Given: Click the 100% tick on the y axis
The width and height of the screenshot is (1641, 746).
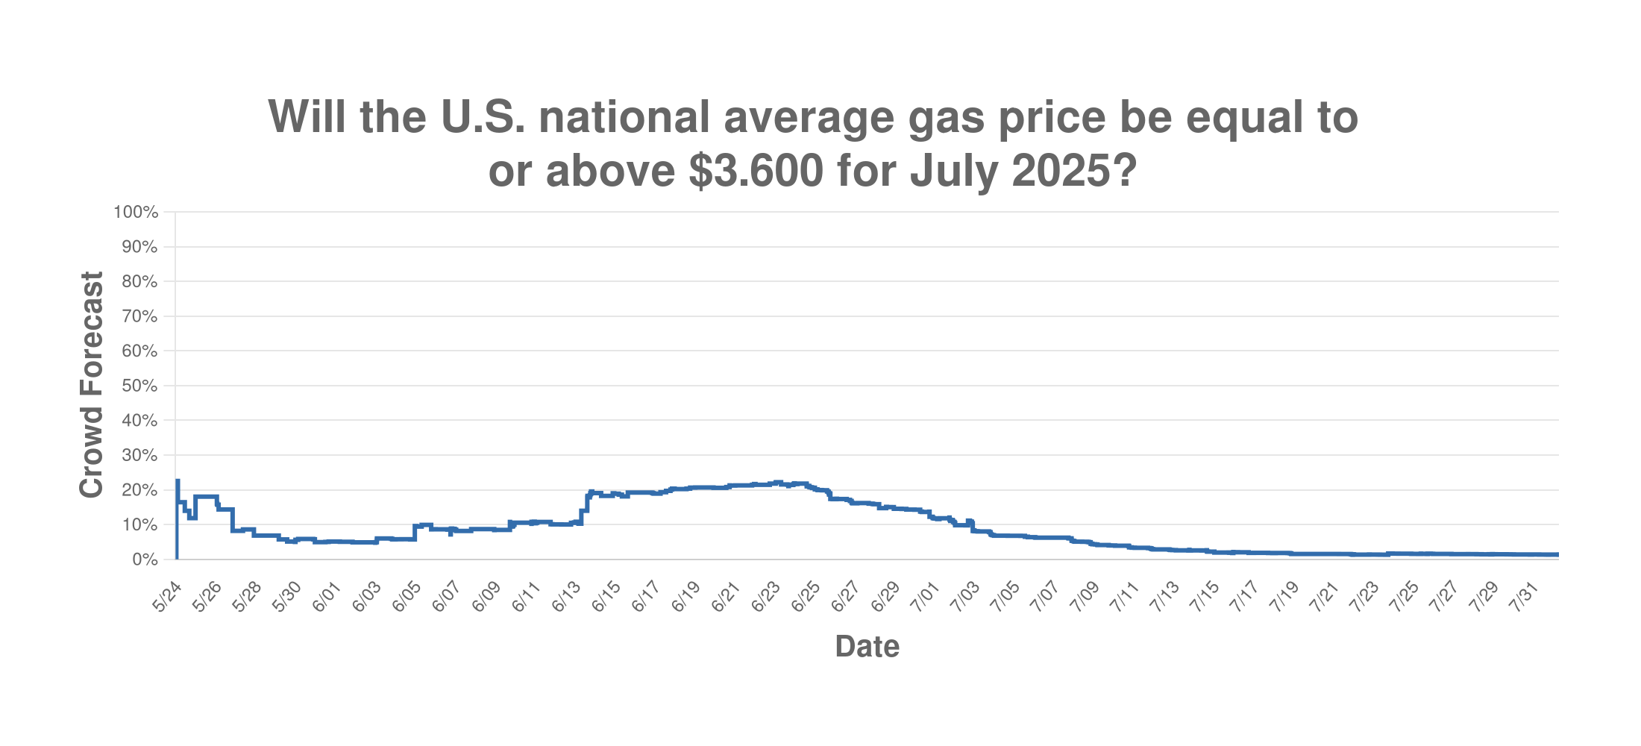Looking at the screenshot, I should [x=136, y=213].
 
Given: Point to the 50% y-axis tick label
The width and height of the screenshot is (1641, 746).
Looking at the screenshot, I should [x=139, y=386].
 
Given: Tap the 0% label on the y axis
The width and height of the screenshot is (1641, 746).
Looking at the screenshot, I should [x=145, y=560].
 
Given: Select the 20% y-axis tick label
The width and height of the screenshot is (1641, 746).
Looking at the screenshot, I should [x=139, y=491].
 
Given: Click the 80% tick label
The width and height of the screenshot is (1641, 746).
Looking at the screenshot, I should [x=139, y=282].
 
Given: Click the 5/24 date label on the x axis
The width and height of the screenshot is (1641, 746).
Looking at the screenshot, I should [x=168, y=597].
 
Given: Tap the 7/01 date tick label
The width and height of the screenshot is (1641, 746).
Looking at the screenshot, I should [x=926, y=597].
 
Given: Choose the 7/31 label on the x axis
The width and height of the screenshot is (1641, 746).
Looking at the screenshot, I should [x=1525, y=597].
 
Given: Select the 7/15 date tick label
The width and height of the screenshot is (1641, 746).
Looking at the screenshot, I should [x=1205, y=597].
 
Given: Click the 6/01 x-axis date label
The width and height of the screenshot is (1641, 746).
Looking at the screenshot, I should [x=327, y=597].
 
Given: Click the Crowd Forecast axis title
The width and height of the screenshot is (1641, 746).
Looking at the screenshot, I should [x=91, y=385].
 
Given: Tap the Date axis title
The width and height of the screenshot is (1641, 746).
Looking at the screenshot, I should [x=867, y=647].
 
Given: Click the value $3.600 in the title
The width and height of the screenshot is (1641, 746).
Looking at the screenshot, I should [x=756, y=171].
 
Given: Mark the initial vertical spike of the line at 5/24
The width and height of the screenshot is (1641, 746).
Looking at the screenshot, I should [x=177, y=522].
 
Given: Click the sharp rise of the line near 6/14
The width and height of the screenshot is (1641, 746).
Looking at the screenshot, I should [x=586, y=504].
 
